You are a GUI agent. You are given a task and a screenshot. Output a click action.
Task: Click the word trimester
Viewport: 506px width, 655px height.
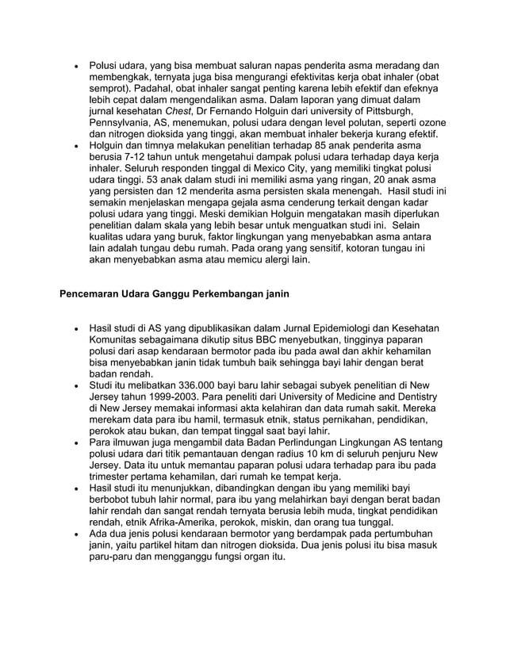[x=113, y=477]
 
